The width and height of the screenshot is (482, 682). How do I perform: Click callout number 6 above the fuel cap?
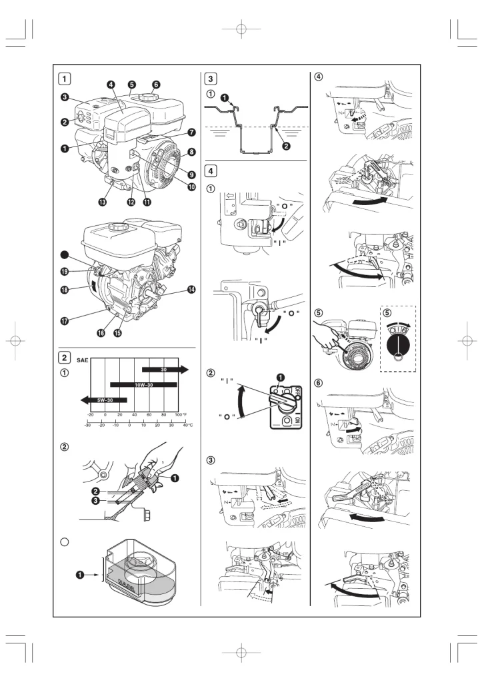pyautogui.click(x=156, y=85)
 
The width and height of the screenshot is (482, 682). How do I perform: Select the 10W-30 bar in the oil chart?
pyautogui.click(x=143, y=384)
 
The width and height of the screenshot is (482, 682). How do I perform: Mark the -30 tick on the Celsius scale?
pyautogui.click(x=88, y=425)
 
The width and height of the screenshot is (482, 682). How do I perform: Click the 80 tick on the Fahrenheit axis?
pyautogui.click(x=163, y=415)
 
